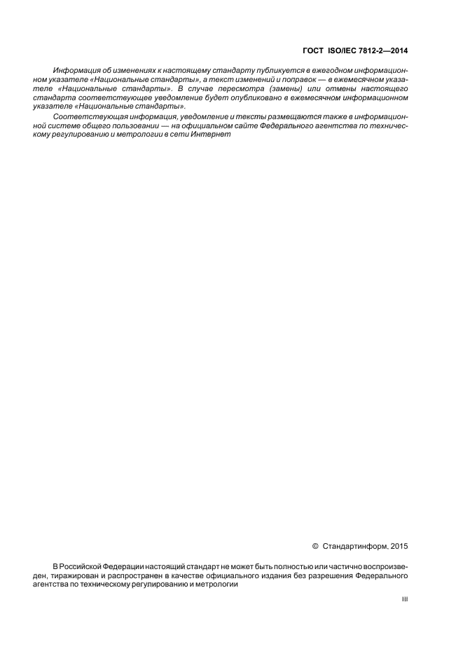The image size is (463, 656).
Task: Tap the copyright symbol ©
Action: pyautogui.click(x=315, y=545)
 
